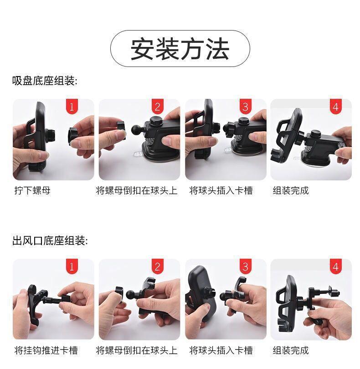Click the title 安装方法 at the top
(180, 49)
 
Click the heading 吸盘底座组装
(45, 81)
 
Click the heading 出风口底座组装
(50, 241)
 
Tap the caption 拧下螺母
(32, 190)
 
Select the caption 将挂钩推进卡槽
(46, 350)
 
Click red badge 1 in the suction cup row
(72, 107)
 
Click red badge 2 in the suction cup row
(158, 107)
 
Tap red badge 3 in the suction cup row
(245, 107)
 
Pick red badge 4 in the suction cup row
(336, 107)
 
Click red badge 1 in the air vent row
(72, 266)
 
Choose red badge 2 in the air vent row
(158, 266)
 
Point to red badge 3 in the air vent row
(245, 266)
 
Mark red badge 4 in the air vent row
(336, 266)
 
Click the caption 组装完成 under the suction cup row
(291, 190)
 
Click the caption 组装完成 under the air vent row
(291, 350)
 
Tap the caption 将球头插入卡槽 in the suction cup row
(221, 190)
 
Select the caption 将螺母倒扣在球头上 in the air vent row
(137, 350)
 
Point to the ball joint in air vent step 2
(131, 295)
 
